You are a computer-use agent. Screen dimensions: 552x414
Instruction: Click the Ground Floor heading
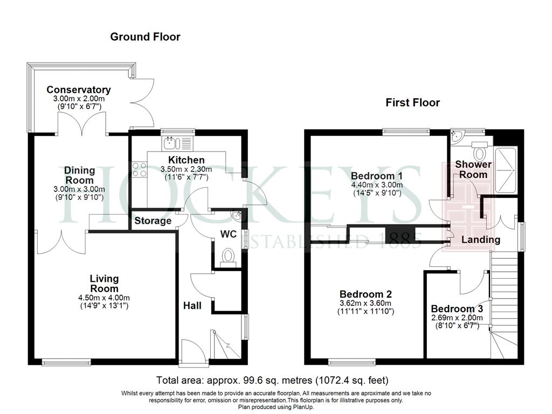(145, 37)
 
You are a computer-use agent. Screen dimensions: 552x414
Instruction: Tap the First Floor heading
(412, 102)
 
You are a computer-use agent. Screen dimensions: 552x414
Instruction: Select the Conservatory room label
(79, 90)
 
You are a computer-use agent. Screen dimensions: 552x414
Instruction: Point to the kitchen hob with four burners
(139, 169)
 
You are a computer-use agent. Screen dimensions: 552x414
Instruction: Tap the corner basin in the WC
(238, 215)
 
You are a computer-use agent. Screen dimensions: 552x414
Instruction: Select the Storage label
(153, 220)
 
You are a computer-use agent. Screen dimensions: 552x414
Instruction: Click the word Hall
(192, 306)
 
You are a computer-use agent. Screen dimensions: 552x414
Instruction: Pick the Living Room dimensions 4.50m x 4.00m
(104, 298)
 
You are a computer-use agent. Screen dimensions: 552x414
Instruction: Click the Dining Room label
(80, 175)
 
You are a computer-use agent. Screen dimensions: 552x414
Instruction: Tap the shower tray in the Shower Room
(506, 170)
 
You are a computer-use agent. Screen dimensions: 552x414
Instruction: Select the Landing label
(481, 240)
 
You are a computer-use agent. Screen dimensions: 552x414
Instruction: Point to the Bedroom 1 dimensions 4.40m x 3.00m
(377, 185)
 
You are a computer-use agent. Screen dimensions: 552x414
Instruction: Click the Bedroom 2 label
(366, 294)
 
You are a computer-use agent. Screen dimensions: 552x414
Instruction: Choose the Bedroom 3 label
(457, 309)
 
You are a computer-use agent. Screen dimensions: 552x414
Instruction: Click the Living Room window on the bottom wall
(66, 362)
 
